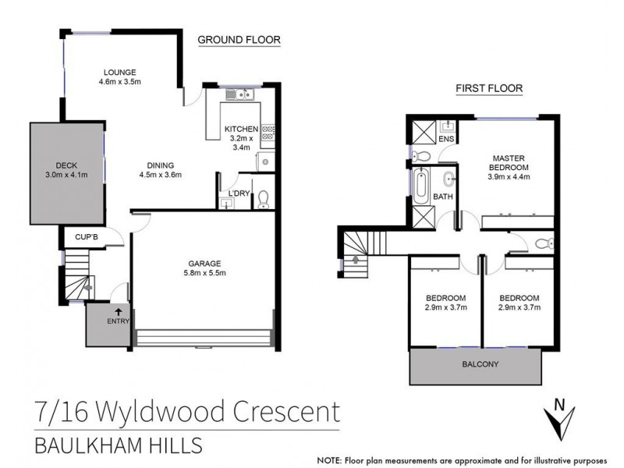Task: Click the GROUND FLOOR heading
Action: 239,40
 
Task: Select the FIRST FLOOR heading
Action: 489,89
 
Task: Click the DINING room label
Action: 160,165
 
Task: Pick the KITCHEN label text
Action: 241,129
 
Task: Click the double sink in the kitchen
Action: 242,96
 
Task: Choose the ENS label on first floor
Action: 446,139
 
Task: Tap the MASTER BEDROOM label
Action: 509,162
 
